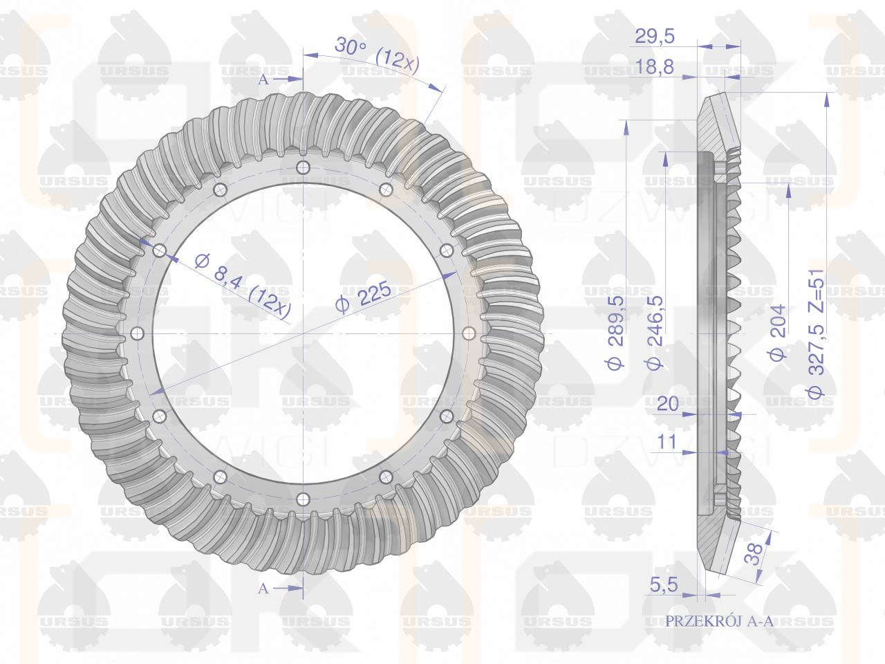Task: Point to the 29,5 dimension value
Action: pos(654,36)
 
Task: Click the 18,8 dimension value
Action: pos(654,66)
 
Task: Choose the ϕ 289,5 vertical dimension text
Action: pos(615,332)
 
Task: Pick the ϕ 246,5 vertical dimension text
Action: pos(655,332)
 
